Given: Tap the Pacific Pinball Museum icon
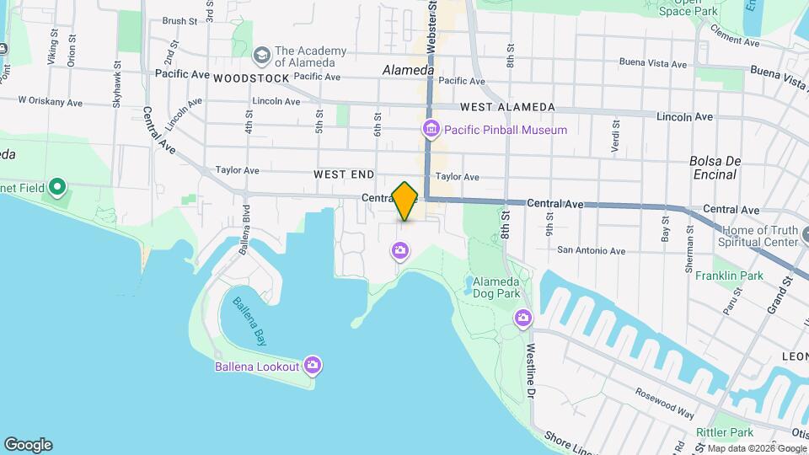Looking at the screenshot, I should [431, 129].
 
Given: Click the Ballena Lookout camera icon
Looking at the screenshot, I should [313, 365].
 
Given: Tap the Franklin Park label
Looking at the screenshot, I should [729, 276].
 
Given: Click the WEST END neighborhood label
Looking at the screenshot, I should [344, 174].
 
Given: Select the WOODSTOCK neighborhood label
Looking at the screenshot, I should [251, 78].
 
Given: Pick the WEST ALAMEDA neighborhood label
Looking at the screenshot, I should [507, 107].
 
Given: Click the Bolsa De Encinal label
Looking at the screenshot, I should [713, 168].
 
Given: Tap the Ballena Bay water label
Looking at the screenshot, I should [250, 322].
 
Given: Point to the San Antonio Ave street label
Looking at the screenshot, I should [591, 250].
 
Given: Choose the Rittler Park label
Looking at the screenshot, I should [725, 432].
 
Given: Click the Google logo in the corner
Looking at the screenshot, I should [28, 445].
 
